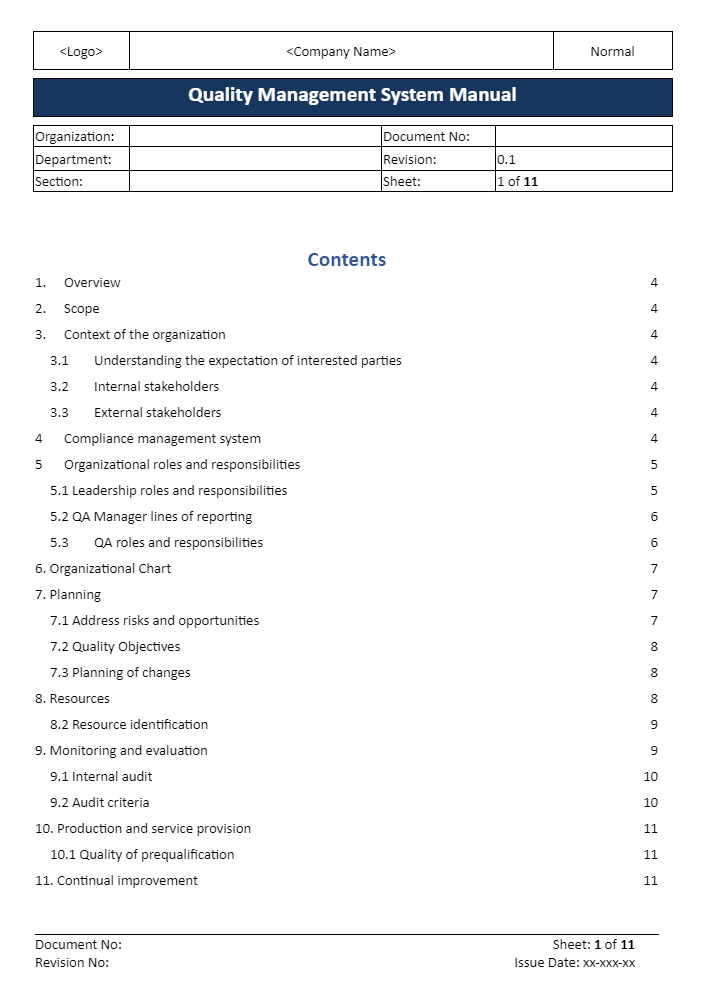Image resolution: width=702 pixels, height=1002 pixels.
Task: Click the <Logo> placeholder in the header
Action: pos(81,52)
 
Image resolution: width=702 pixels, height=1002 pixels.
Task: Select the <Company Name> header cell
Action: pos(341,52)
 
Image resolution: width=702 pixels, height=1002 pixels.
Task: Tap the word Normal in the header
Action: pos(612,52)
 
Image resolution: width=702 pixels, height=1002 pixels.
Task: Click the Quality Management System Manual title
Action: pos(352,96)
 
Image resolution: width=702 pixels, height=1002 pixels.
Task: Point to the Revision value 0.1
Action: pos(506,159)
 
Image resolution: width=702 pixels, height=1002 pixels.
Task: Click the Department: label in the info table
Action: pos(74,159)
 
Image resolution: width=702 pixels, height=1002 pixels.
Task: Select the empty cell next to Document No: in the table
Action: pos(583,137)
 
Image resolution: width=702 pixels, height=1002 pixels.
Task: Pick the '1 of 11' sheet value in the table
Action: pos(518,182)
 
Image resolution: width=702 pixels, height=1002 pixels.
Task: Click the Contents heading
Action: pos(346,260)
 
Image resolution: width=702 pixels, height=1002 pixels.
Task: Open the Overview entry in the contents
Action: pos(92,283)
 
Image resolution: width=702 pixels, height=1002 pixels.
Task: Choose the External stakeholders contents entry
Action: pos(157,413)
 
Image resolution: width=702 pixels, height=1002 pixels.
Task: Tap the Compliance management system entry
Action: pos(162,439)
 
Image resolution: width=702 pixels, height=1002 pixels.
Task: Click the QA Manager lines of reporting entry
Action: pos(162,517)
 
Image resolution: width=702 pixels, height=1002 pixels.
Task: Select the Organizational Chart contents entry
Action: pos(110,569)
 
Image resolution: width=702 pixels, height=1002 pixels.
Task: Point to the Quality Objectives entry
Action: pos(126,647)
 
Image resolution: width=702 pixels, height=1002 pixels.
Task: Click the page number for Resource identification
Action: pos(654,725)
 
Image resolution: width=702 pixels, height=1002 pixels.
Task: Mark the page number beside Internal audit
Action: pos(650,777)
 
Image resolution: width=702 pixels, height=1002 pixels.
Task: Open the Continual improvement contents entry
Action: pos(127,881)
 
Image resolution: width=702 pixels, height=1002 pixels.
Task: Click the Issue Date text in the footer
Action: pos(574,963)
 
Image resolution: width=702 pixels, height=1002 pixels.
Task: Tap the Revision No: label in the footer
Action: pos(72,963)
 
